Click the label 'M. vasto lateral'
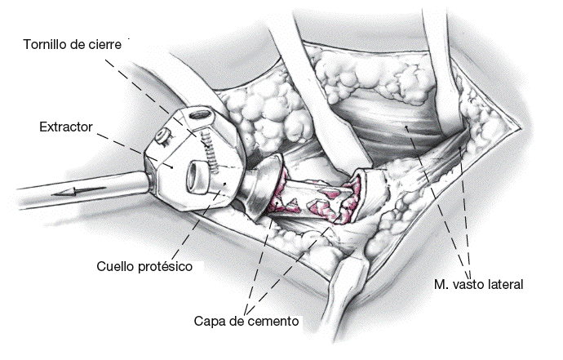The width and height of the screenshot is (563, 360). click(478, 285)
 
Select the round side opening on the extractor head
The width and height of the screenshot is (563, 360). click(197, 176)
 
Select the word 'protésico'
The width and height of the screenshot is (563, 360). click(165, 267)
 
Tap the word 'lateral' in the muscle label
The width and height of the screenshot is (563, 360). click(503, 285)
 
